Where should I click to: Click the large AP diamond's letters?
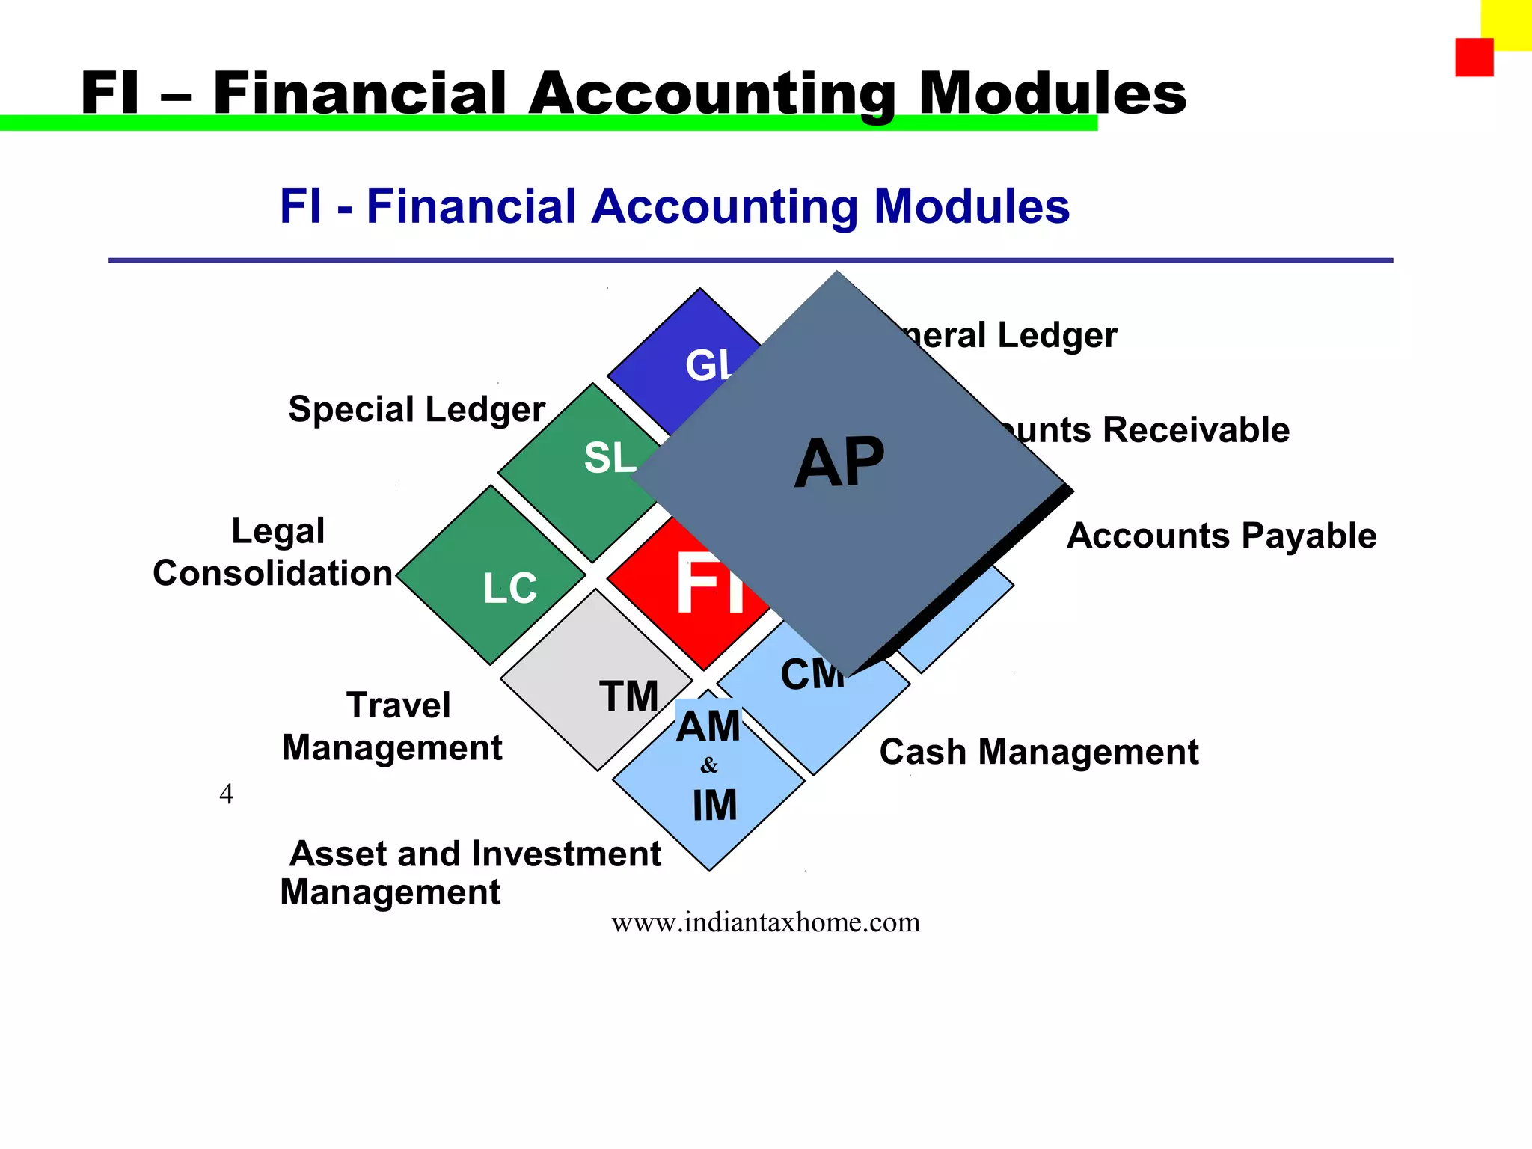[839, 463]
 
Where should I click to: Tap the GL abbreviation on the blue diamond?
[708, 366]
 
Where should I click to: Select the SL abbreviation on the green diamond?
[609, 457]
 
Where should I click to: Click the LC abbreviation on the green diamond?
[510, 588]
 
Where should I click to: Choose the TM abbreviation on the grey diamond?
[628, 696]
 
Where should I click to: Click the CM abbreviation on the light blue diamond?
[812, 675]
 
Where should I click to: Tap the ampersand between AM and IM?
[709, 765]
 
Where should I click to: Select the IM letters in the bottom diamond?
[714, 806]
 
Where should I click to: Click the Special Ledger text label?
[417, 410]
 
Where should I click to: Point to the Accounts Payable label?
[1221, 536]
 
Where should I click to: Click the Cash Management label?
[1038, 752]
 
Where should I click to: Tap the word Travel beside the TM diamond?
[399, 705]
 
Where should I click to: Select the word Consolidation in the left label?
[273, 574]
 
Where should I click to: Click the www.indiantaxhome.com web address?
[765, 922]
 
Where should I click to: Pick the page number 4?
[226, 794]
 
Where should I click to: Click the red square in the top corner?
[1474, 58]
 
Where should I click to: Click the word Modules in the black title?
[1052, 94]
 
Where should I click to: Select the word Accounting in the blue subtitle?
[724, 207]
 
